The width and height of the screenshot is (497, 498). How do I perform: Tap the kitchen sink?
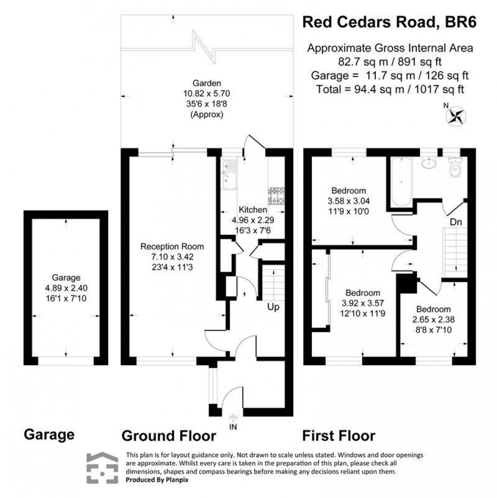[229, 175]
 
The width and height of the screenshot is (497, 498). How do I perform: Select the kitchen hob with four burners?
[276, 196]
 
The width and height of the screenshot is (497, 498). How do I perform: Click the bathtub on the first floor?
[401, 182]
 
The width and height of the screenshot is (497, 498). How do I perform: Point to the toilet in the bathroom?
[455, 168]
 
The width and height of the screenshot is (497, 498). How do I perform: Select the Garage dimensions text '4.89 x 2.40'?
[66, 286]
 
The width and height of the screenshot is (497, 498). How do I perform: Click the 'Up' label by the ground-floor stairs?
[274, 307]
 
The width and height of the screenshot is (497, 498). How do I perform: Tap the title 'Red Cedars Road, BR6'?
[389, 22]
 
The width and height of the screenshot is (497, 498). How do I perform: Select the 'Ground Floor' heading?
[169, 435]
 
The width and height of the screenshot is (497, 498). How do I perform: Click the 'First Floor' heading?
[339, 435]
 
